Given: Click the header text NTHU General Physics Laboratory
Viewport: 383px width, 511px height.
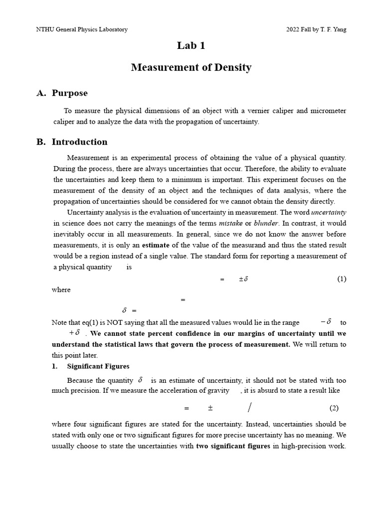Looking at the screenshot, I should tap(82, 29).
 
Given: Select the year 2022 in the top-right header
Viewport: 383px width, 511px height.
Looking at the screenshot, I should tap(293, 29).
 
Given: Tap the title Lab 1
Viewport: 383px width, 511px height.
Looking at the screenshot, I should tap(191, 46).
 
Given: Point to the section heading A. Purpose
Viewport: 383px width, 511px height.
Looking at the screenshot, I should tap(62, 93).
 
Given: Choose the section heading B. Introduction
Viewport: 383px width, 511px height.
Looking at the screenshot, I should tap(72, 142).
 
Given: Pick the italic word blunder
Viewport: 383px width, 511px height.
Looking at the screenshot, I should tap(266, 224).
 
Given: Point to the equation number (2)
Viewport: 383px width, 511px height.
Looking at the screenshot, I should tap(334, 408).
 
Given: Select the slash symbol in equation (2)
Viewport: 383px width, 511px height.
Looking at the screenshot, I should tap(249, 408).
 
